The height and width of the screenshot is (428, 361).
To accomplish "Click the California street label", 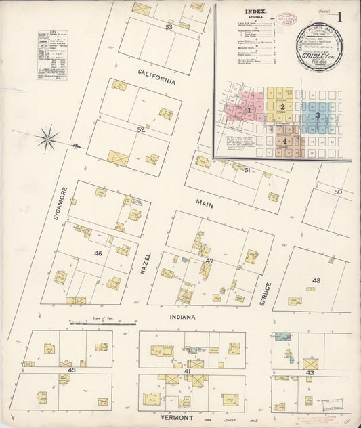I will point(156,76).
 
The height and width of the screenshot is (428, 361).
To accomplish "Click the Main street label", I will point(205,202).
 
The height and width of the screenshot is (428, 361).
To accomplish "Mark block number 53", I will point(169,27).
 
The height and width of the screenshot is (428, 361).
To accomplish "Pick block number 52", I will point(142,129).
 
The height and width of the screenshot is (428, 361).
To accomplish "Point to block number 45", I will point(72,370).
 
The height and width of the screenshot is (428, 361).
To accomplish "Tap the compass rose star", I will point(47,140).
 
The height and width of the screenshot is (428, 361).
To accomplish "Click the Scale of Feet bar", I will point(93,324).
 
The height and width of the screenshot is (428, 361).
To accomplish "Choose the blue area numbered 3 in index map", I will point(317,116).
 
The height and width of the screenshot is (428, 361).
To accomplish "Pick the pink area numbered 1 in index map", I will point(249,110).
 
